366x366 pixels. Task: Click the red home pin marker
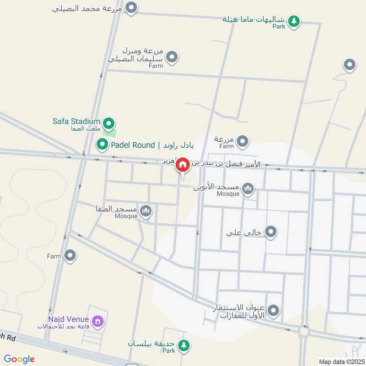point(183,165)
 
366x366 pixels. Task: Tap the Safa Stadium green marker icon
point(109,123)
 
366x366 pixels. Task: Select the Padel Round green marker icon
point(102,145)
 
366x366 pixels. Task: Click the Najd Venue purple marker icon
point(97,321)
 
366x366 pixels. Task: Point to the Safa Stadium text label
point(76,121)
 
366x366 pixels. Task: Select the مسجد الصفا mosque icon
point(146,210)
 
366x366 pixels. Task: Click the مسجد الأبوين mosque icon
point(248,188)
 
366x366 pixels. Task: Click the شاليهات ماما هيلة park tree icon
point(294,21)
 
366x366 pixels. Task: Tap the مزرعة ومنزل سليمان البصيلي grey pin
point(172,57)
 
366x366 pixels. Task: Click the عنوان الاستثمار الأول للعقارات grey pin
point(274,311)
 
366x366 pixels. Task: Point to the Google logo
point(19,359)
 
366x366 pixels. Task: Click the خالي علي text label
point(243,232)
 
